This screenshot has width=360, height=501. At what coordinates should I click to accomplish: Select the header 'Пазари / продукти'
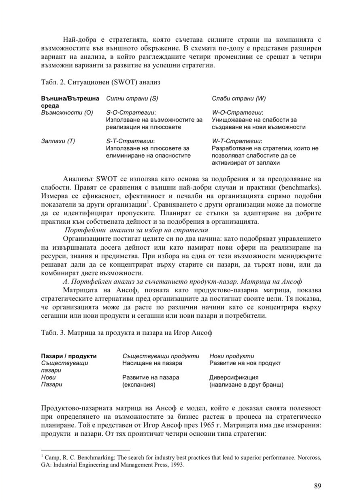point(69,356)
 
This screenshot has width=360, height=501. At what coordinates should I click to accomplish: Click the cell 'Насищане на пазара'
point(152,363)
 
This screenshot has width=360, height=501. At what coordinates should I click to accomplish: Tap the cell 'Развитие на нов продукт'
point(245,363)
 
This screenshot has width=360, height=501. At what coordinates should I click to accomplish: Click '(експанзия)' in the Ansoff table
point(139,385)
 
